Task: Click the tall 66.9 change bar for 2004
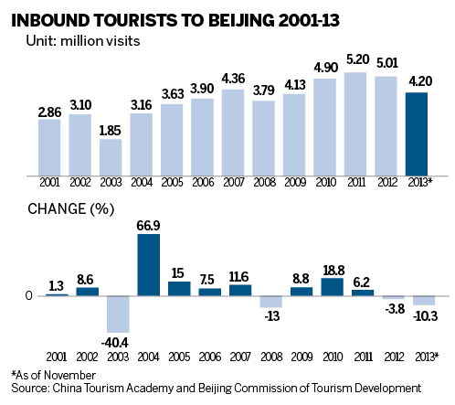coord(148,264)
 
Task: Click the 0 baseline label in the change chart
coord(28,295)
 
